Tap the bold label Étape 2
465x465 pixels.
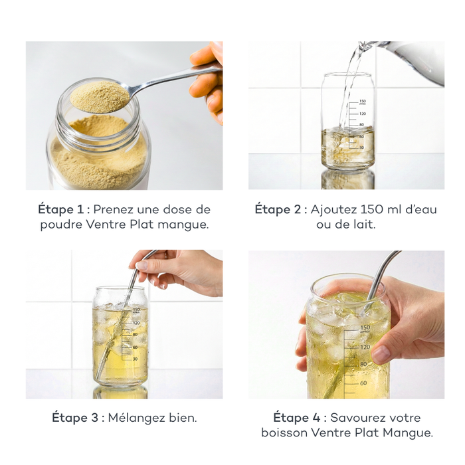280,209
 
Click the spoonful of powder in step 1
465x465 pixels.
100,96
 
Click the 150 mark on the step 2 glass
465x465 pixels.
362,102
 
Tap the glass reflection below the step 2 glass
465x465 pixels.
347,180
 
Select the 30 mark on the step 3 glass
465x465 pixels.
135,359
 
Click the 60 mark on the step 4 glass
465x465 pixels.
363,383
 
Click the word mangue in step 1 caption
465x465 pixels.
187,225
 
